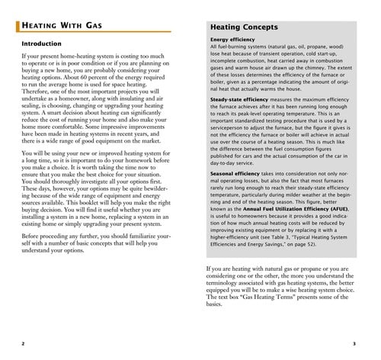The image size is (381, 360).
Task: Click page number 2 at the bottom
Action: pos(24,343)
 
